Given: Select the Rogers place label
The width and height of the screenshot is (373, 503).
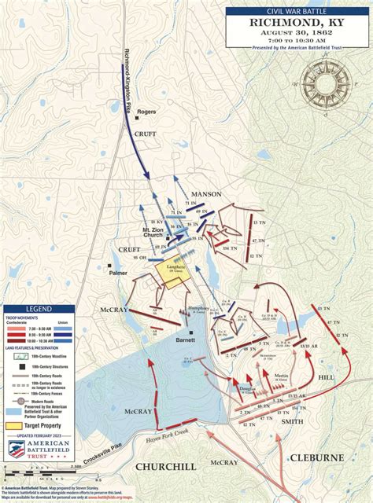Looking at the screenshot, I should [147, 112].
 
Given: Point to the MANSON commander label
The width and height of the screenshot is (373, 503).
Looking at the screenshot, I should [206, 194].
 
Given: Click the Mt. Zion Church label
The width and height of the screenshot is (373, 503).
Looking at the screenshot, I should [153, 233].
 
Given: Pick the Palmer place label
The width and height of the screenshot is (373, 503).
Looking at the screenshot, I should [119, 274].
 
